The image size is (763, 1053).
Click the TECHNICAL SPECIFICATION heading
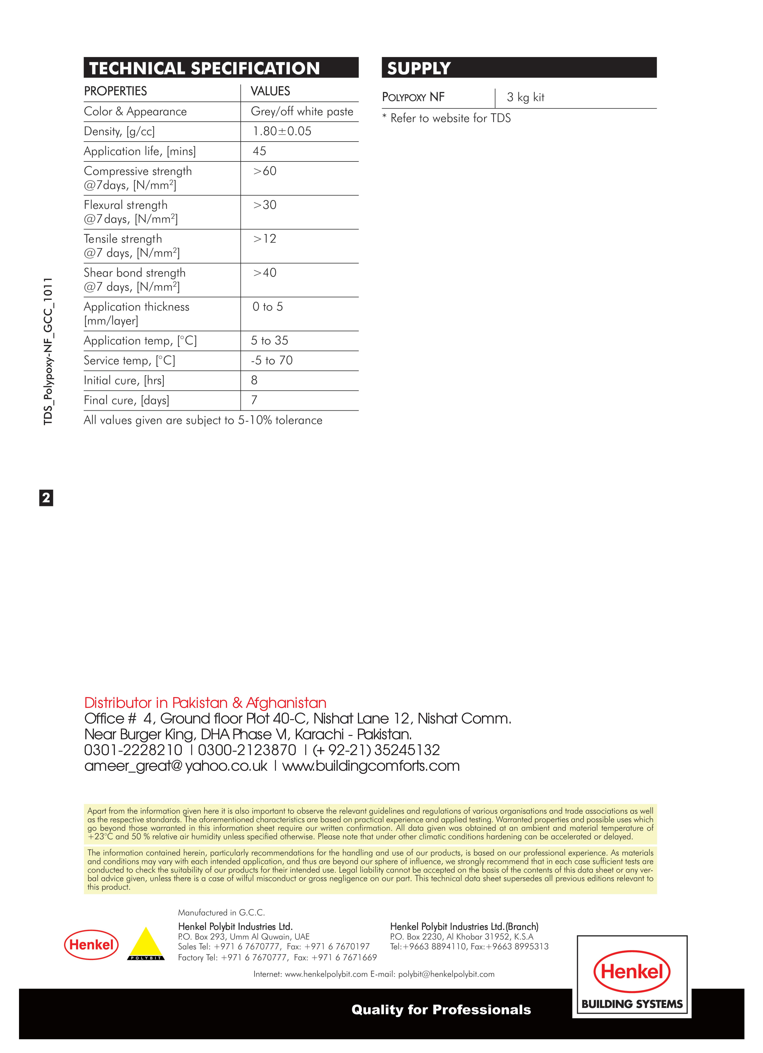(x=204, y=68)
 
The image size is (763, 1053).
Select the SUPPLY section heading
(x=419, y=68)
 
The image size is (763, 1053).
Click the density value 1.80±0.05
(x=281, y=131)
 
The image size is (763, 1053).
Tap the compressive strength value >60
(x=265, y=171)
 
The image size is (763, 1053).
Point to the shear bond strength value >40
(x=265, y=273)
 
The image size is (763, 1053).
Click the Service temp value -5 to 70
(x=272, y=361)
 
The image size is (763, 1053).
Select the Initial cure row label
(x=124, y=381)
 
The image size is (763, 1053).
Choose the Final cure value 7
(x=254, y=400)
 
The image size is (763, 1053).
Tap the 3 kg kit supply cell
(x=525, y=98)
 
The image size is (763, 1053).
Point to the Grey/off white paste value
(x=302, y=112)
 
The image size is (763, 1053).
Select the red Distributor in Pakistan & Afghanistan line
(x=205, y=702)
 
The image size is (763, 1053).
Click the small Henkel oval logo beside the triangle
(x=92, y=945)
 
